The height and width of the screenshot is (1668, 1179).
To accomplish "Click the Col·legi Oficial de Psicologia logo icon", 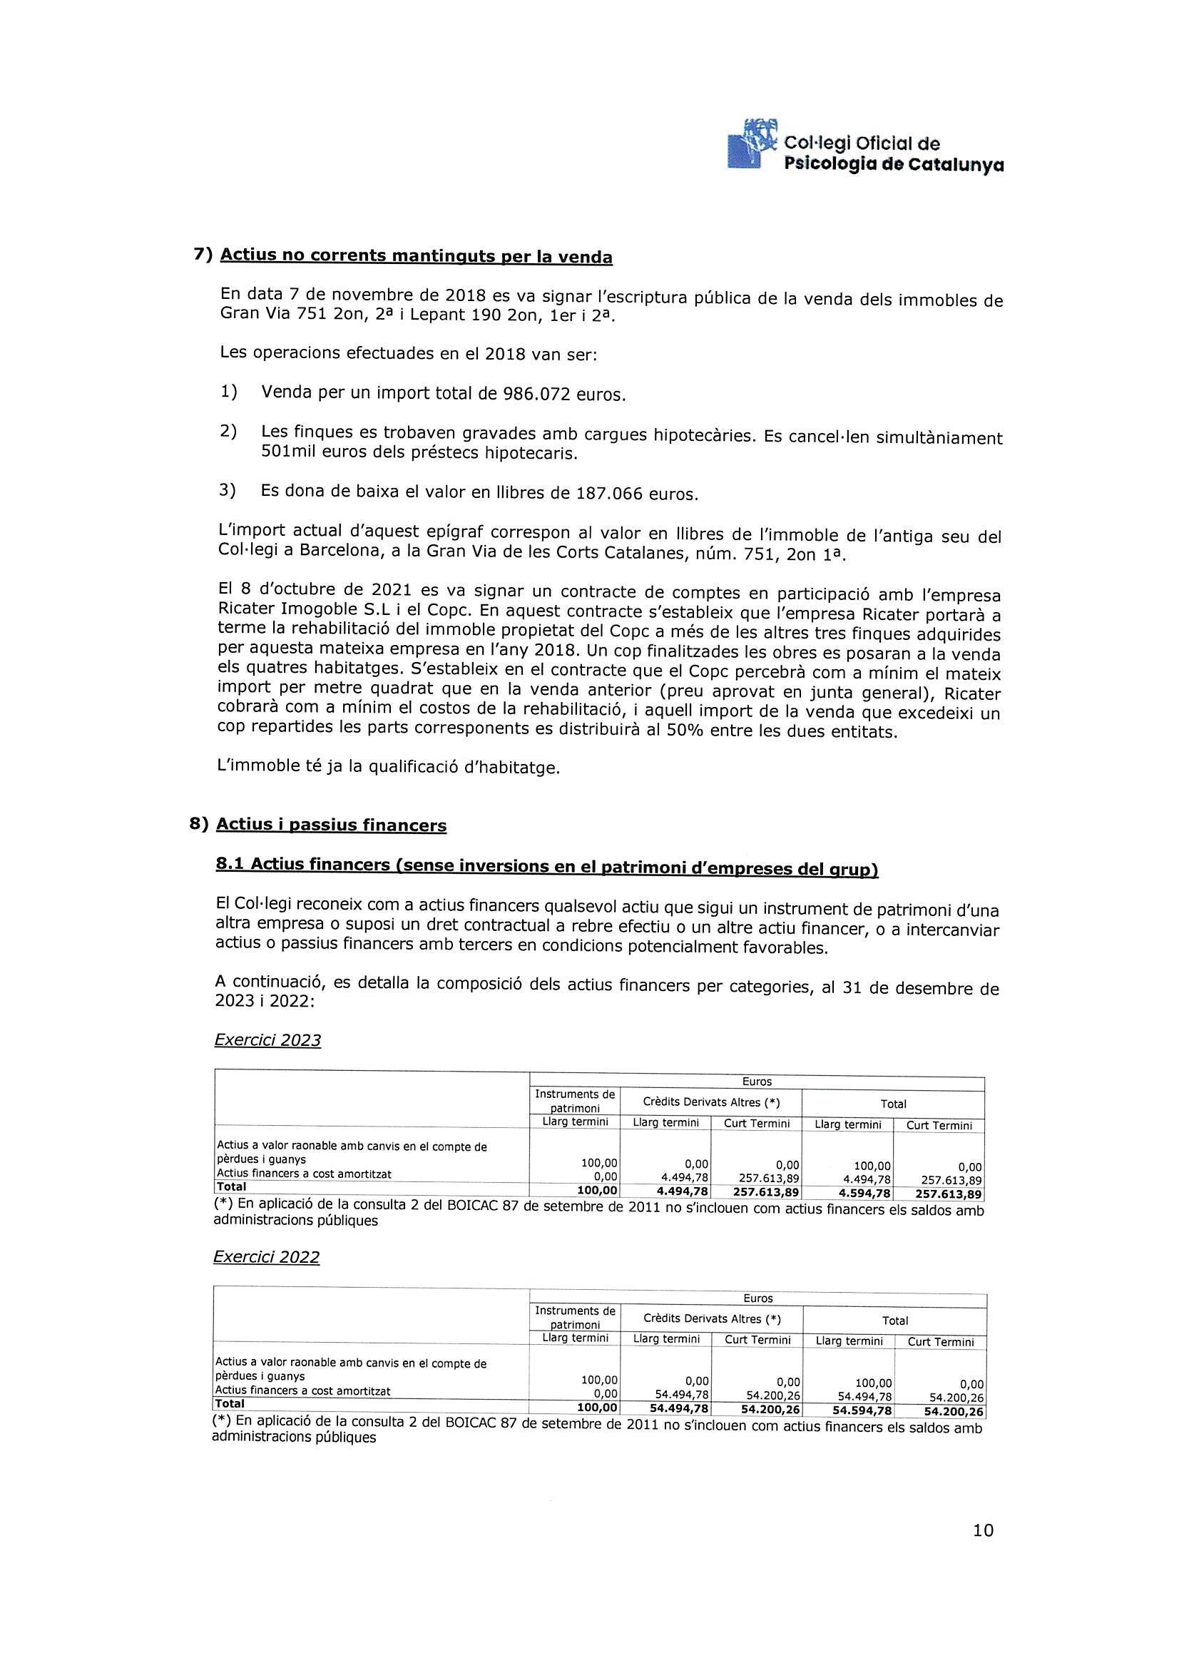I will click(752, 145).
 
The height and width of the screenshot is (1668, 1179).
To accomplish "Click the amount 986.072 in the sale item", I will click(536, 394).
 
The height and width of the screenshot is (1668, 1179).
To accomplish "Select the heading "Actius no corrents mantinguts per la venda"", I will click(416, 256).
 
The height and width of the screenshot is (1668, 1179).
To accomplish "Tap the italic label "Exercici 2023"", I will click(267, 1040).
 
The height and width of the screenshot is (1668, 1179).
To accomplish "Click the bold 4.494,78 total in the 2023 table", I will click(682, 1194).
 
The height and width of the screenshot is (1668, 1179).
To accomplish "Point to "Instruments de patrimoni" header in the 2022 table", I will click(575, 1318).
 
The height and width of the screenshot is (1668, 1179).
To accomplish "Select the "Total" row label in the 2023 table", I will click(231, 1186).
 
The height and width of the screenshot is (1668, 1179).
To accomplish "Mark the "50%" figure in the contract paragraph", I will click(685, 731).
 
